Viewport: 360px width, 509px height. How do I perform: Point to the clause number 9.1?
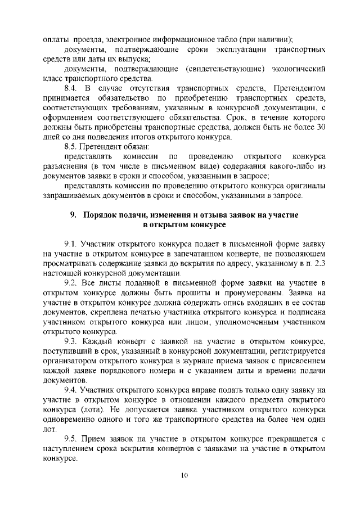[71, 244]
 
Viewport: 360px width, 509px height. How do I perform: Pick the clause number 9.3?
[71, 341]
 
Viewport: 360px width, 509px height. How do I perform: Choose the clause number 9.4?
[71, 390]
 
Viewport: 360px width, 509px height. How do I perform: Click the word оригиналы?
[304, 186]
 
